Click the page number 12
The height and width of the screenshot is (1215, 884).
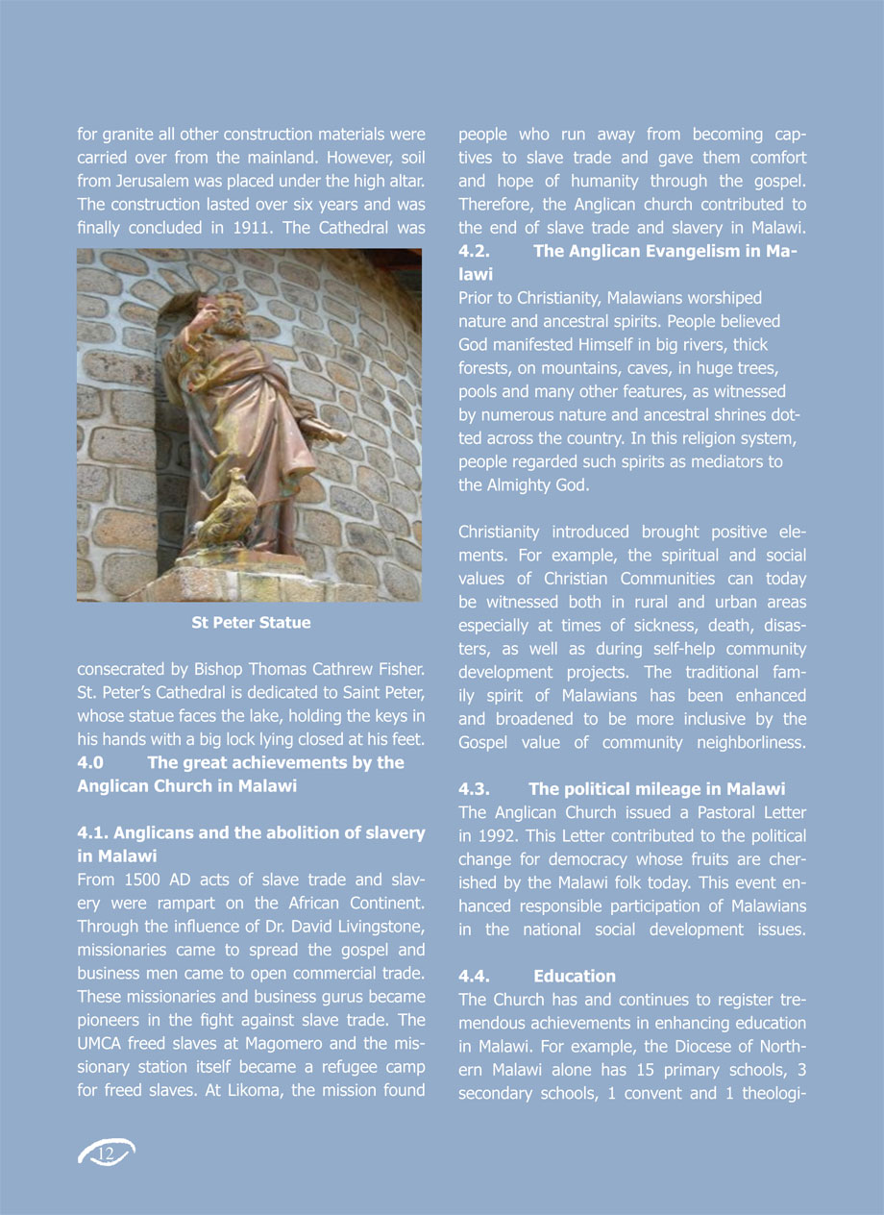pyautogui.click(x=106, y=1153)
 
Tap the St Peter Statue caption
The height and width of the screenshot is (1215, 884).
pyautogui.click(x=251, y=623)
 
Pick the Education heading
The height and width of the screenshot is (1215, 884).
pyautogui.click(x=575, y=977)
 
